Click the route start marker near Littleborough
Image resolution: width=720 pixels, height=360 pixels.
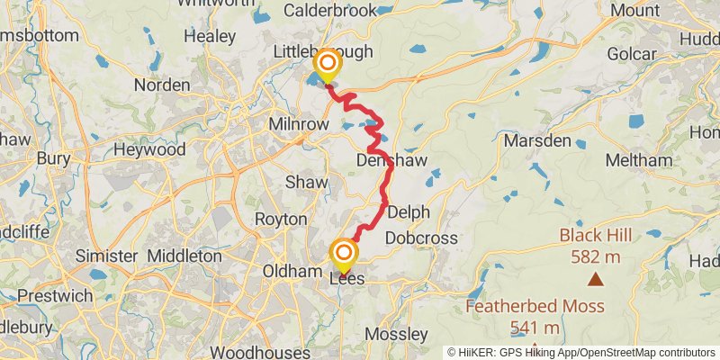pos(327,65)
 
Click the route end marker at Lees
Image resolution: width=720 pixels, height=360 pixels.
pos(343,253)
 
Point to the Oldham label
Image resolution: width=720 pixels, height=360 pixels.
pos(292,271)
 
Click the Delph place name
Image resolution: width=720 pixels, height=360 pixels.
pos(409,212)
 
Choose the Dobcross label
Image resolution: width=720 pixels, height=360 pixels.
pos(421,238)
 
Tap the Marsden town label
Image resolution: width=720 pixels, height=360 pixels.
pos(537,141)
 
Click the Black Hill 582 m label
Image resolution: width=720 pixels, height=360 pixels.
pos(596,245)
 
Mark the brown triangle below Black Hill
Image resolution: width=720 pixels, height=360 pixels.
pos(596,278)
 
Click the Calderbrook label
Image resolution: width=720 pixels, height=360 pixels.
pos(328,11)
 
